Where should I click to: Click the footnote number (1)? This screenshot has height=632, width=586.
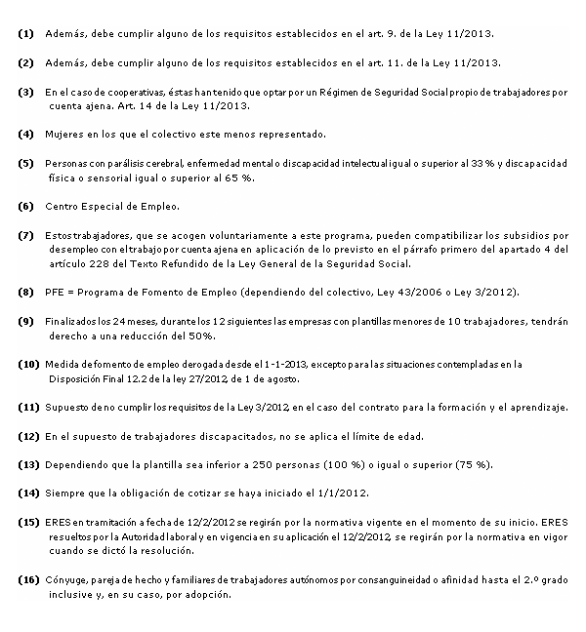click(25, 34)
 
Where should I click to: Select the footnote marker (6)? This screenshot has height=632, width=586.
click(25, 207)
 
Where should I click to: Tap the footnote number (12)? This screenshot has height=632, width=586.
click(28, 436)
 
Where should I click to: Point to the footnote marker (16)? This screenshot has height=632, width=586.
click(28, 580)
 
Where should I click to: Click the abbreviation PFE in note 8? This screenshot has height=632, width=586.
click(56, 293)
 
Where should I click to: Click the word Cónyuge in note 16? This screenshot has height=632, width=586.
click(67, 580)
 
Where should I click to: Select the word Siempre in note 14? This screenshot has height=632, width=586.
click(65, 494)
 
